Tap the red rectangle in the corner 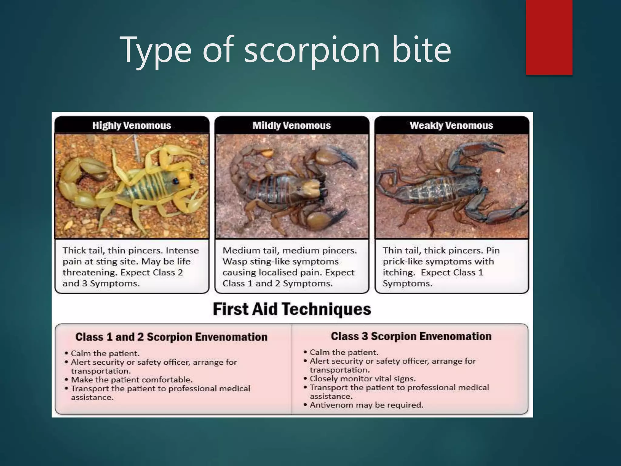pos(549,37)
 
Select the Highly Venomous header pos(132,125)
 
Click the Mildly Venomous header pos(291,125)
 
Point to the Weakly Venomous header pos(451,125)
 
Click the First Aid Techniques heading pos(292,309)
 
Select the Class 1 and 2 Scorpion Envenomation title pos(171,337)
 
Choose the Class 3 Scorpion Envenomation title pos(411,336)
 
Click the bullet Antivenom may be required pos(366,405)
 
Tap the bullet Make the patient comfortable pos(132,380)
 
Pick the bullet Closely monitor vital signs pos(363,379)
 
